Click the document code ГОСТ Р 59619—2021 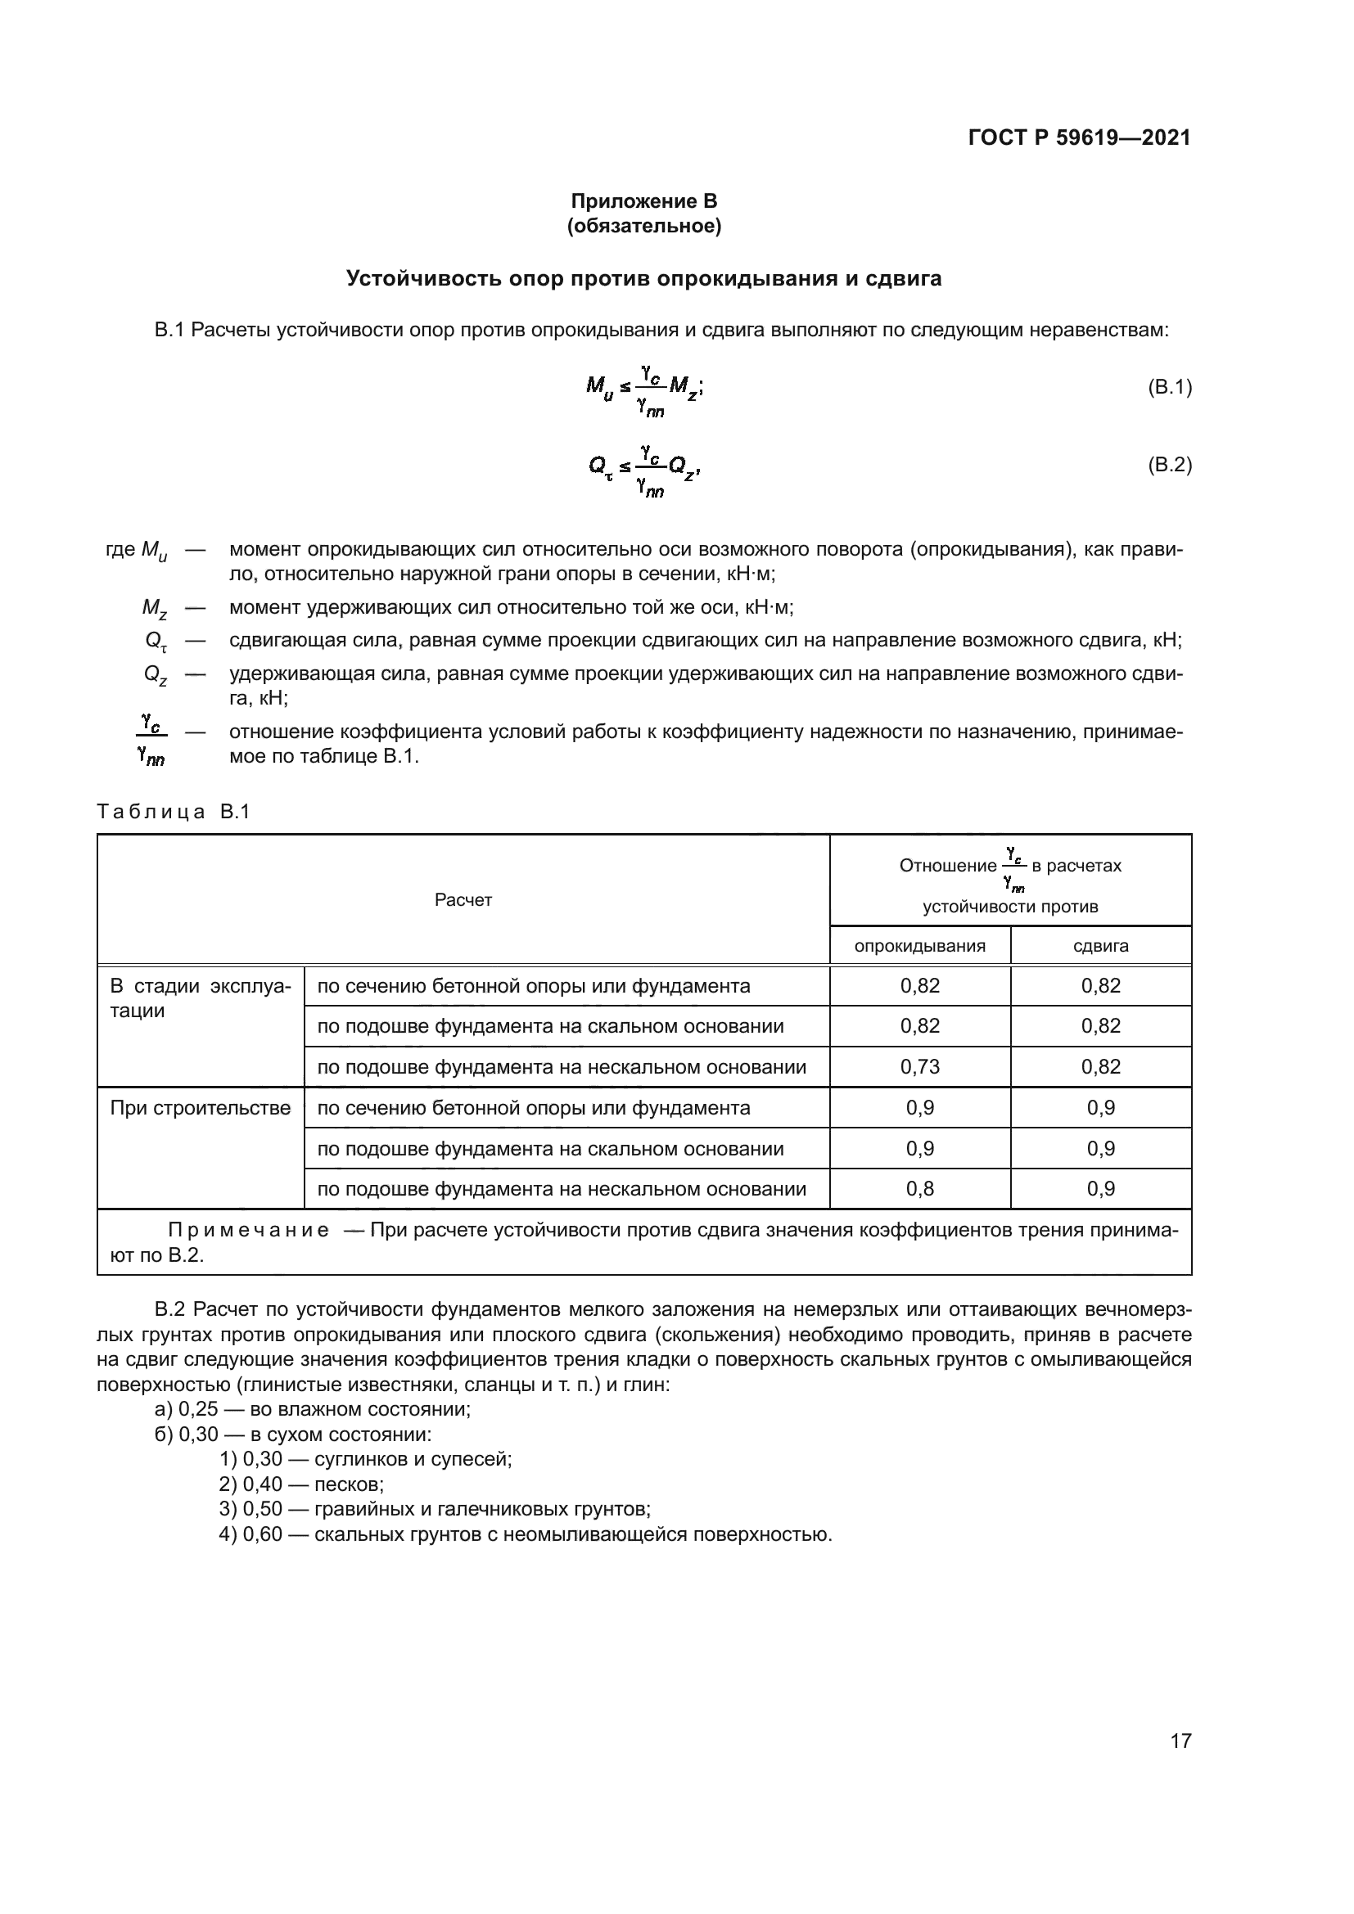click(1079, 137)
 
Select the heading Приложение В click(643, 201)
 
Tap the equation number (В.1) click(1170, 387)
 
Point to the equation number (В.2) click(1170, 464)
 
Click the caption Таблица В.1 click(174, 812)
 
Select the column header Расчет click(463, 899)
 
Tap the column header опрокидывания click(919, 946)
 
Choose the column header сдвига click(1100, 946)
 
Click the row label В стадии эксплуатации click(200, 998)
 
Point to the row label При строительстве click(200, 1108)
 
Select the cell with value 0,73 click(919, 1067)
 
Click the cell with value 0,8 click(919, 1189)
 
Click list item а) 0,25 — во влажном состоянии click(313, 1410)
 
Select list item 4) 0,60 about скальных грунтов click(526, 1534)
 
